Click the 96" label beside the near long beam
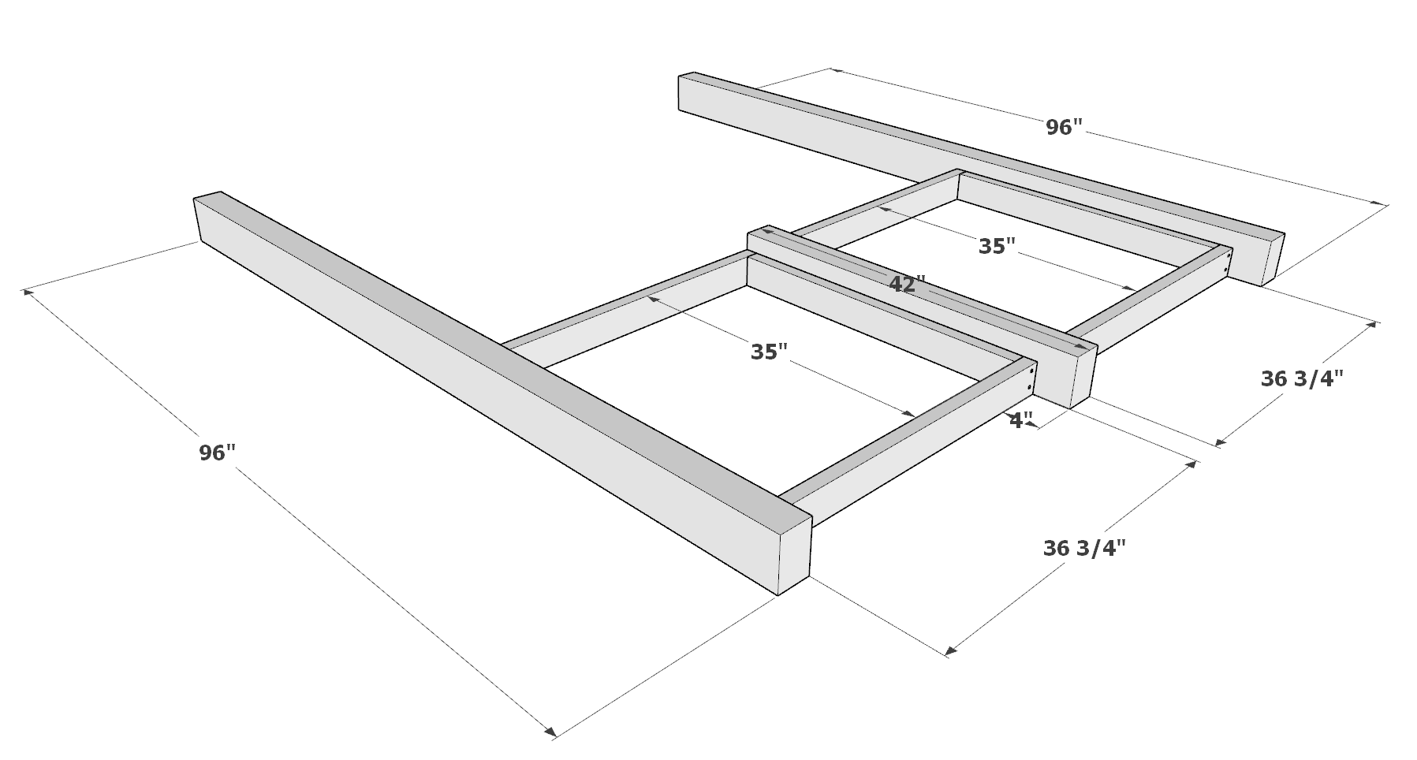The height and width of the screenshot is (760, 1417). point(217,453)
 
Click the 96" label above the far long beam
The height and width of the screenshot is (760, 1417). point(1064,128)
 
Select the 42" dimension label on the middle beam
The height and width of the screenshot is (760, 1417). point(907,285)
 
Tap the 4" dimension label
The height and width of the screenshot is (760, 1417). point(1021,422)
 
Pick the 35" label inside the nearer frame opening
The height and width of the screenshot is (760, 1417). point(769,352)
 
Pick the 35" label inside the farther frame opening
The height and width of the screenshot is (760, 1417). point(997,247)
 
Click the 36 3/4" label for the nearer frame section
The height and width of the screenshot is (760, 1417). point(1084,549)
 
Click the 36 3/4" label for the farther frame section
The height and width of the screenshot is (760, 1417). point(1301,380)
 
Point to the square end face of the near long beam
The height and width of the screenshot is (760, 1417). point(795,561)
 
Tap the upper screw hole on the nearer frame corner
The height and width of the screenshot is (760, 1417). point(1032,371)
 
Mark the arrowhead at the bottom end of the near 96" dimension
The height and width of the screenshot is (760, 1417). point(550,733)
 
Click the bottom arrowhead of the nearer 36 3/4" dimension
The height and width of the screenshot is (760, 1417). point(951,650)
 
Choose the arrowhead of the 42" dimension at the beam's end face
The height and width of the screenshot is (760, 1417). point(1091,348)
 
